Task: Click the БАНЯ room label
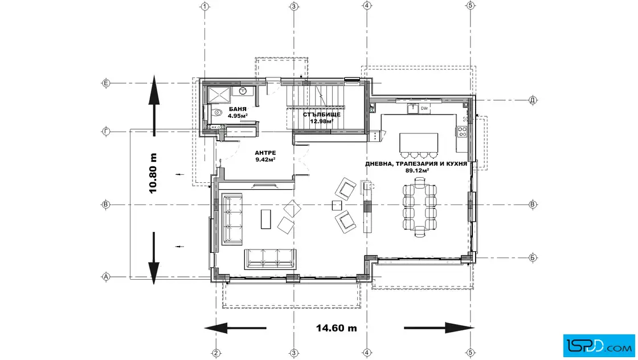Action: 238,109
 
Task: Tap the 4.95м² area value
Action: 238,116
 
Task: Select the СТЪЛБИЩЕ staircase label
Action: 321,114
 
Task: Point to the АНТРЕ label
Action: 265,153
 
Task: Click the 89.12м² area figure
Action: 417,170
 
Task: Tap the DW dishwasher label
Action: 424,108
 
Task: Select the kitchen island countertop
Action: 419,142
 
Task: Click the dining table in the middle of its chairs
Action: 419,207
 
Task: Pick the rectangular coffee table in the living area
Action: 265,219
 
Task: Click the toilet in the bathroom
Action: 216,113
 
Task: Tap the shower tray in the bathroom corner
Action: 219,95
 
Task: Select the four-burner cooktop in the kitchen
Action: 462,131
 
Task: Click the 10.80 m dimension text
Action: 153,173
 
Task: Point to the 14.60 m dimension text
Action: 337,328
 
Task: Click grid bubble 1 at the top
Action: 205,6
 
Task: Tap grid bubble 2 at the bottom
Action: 216,353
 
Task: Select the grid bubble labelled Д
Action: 533,100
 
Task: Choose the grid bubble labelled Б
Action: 533,257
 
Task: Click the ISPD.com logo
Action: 599,346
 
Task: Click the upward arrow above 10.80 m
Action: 154,105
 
